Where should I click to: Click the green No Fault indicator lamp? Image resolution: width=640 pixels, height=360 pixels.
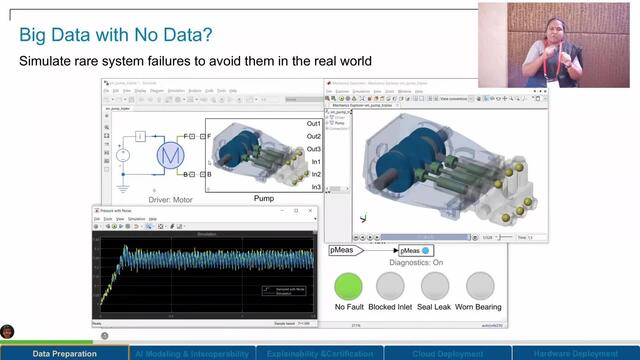point(348,286)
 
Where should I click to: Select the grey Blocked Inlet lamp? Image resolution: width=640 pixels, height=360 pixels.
point(389,286)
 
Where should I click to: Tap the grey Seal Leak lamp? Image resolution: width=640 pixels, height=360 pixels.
point(433,286)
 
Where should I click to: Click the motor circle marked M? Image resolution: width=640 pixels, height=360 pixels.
point(169,155)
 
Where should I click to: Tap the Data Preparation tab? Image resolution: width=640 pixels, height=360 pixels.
point(64,353)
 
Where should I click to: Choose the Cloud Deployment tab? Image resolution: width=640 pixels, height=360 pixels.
point(448,353)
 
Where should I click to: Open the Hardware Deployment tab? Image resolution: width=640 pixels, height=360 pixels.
point(576,353)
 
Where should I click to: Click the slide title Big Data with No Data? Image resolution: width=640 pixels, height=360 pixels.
point(115,35)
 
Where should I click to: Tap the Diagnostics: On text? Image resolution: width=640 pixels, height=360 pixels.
point(410,264)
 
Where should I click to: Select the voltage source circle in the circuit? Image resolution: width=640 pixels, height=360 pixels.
point(122,155)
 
